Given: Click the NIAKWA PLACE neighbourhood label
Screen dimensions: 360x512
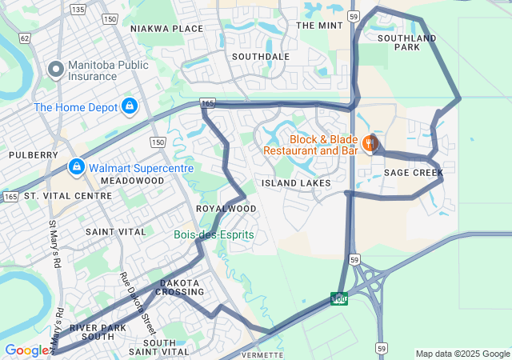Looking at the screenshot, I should (x=166, y=29).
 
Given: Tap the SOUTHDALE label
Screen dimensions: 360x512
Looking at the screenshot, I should (x=260, y=57).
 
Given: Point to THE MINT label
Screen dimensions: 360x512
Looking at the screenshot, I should (x=319, y=26).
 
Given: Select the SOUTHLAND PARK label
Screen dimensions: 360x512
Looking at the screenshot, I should (x=407, y=42).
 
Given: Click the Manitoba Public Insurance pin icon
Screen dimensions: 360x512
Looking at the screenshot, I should (x=56, y=70).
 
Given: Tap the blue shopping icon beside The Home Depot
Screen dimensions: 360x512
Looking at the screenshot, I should (x=130, y=106).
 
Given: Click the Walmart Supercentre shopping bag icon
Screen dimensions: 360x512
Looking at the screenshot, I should (x=77, y=168).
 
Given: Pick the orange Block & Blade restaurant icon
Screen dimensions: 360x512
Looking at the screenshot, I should (x=369, y=144).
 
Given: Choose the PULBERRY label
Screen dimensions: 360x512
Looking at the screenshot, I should (x=33, y=154).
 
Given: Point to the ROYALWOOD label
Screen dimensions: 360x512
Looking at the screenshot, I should (x=226, y=209).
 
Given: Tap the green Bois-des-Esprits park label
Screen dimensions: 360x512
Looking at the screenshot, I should (x=214, y=234).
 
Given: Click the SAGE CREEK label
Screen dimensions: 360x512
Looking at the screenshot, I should (x=413, y=173).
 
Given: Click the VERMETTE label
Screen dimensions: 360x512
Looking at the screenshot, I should (x=262, y=354).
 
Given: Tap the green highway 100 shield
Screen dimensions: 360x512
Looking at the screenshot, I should (x=339, y=299).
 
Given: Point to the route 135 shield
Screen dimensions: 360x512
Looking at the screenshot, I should (x=78, y=9).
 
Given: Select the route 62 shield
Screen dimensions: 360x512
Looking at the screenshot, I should (x=25, y=38).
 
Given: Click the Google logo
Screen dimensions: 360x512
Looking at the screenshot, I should (x=26, y=350).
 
